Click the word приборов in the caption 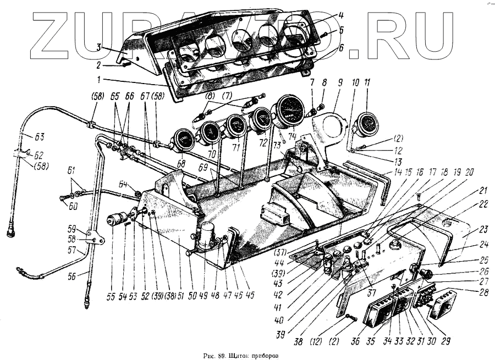263,356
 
